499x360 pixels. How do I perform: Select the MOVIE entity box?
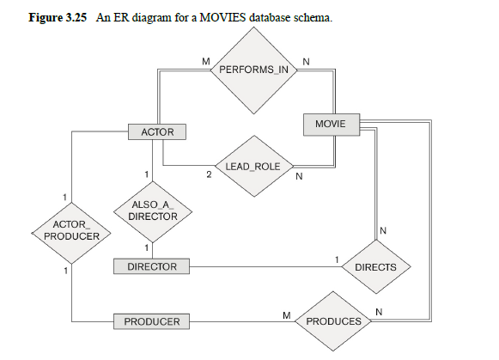pos(330,125)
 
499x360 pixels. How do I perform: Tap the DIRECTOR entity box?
pos(152,267)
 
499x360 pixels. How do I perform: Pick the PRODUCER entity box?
pos(152,321)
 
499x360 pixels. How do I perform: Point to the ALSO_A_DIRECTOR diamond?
pos(152,211)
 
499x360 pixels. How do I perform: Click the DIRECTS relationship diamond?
pos(375,267)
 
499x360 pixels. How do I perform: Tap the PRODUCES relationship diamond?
pos(334,320)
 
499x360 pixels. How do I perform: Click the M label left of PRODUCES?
pos(286,314)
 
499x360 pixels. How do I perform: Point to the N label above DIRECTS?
pos(383,230)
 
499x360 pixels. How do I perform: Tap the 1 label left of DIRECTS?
pos(338,259)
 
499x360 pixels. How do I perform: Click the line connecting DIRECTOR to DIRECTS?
pos(258,267)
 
